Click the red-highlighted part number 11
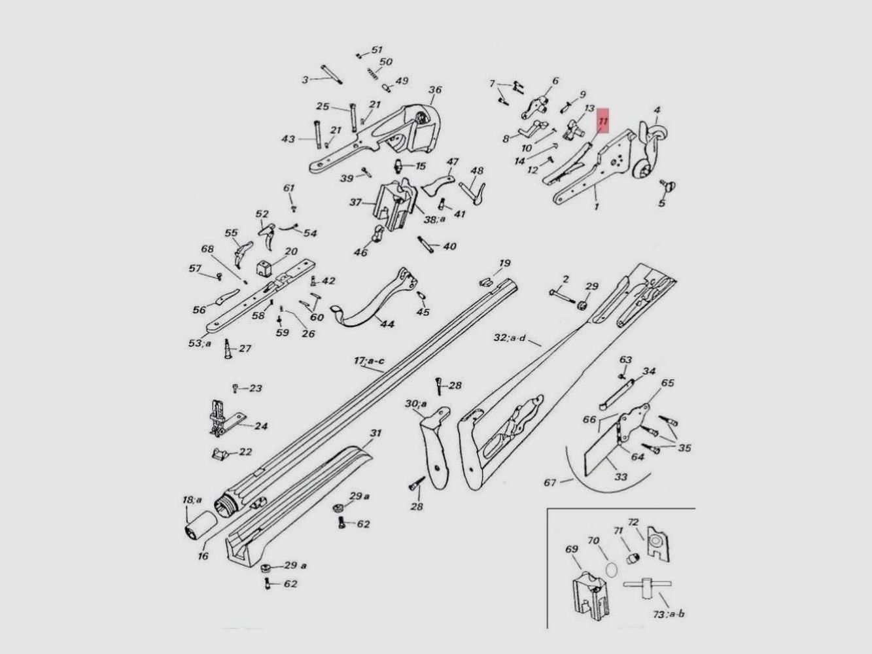[x=603, y=121]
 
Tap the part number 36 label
[x=435, y=90]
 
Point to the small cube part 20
[x=264, y=268]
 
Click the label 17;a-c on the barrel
[x=369, y=361]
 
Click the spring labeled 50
[x=372, y=73]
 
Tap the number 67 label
[x=549, y=482]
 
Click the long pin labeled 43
[x=318, y=134]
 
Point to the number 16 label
[x=203, y=556]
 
